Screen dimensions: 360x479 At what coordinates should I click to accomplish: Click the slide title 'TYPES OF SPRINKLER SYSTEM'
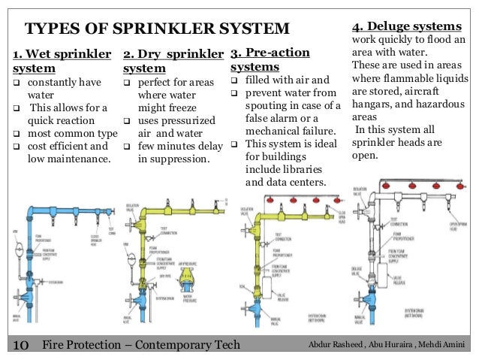(158, 29)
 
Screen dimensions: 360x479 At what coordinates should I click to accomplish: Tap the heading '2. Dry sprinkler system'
(173, 61)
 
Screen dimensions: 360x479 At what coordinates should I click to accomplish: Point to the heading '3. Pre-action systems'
(269, 60)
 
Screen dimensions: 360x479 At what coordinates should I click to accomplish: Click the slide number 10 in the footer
(19, 345)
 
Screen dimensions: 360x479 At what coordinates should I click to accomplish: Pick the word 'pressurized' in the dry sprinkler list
(183, 120)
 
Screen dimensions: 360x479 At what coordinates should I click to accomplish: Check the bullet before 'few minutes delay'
(127, 146)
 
